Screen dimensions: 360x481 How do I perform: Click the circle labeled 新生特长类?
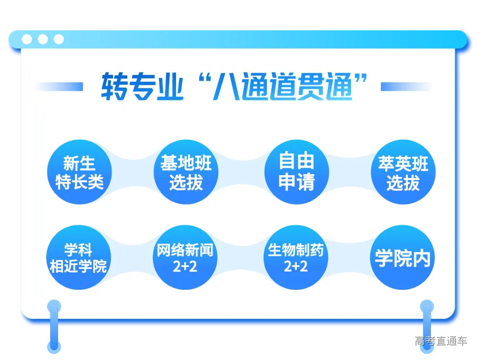(79, 172)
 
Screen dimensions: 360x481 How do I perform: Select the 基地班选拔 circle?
(186, 172)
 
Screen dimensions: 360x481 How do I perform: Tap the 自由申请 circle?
(297, 172)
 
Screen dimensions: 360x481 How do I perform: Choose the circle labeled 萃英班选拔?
(403, 172)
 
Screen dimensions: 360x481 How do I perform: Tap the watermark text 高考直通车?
(441, 341)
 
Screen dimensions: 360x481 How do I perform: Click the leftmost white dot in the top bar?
(27, 39)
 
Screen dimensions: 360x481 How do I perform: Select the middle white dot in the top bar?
(43, 39)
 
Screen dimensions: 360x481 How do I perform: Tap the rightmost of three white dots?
(59, 39)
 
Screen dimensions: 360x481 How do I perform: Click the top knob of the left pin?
(54, 306)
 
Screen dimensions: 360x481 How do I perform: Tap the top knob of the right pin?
(427, 306)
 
